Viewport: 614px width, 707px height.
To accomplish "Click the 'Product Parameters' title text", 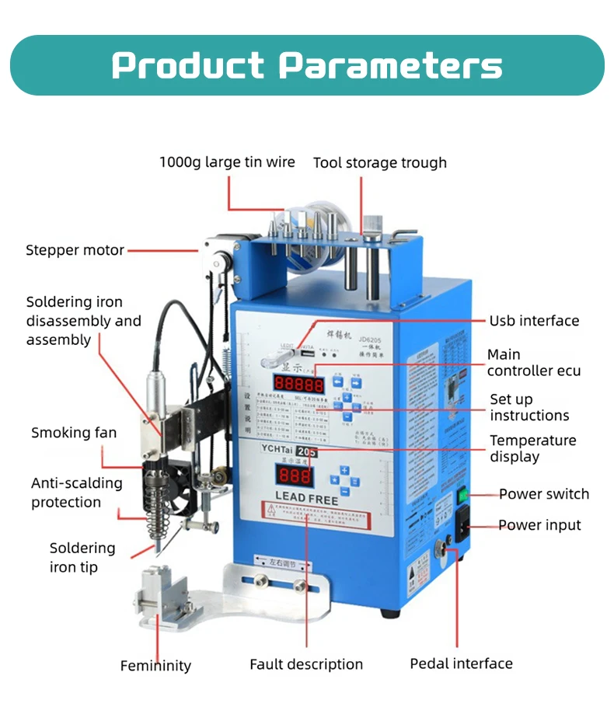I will tap(306, 65).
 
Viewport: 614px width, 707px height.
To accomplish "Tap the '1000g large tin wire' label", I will tap(227, 162).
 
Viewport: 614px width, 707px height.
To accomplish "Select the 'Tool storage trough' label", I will tap(379, 162).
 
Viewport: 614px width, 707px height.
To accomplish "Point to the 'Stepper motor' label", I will tap(75, 250).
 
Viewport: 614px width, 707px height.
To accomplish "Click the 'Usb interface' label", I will tap(534, 320).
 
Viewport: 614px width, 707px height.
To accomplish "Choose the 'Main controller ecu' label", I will tap(533, 362).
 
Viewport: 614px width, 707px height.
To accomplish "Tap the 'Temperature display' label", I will tap(532, 448).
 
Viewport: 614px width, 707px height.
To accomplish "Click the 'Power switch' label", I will tap(543, 494).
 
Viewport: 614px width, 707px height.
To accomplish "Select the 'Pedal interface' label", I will tap(461, 663).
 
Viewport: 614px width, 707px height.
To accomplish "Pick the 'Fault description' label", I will tap(305, 664).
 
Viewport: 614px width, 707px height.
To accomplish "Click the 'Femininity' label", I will tap(155, 666).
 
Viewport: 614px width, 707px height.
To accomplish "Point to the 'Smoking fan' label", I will tap(74, 433).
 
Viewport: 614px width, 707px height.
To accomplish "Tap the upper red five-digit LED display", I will tap(298, 384).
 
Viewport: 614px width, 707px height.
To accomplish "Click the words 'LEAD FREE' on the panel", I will tap(302, 499).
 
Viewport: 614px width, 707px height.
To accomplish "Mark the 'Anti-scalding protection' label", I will tap(76, 493).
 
